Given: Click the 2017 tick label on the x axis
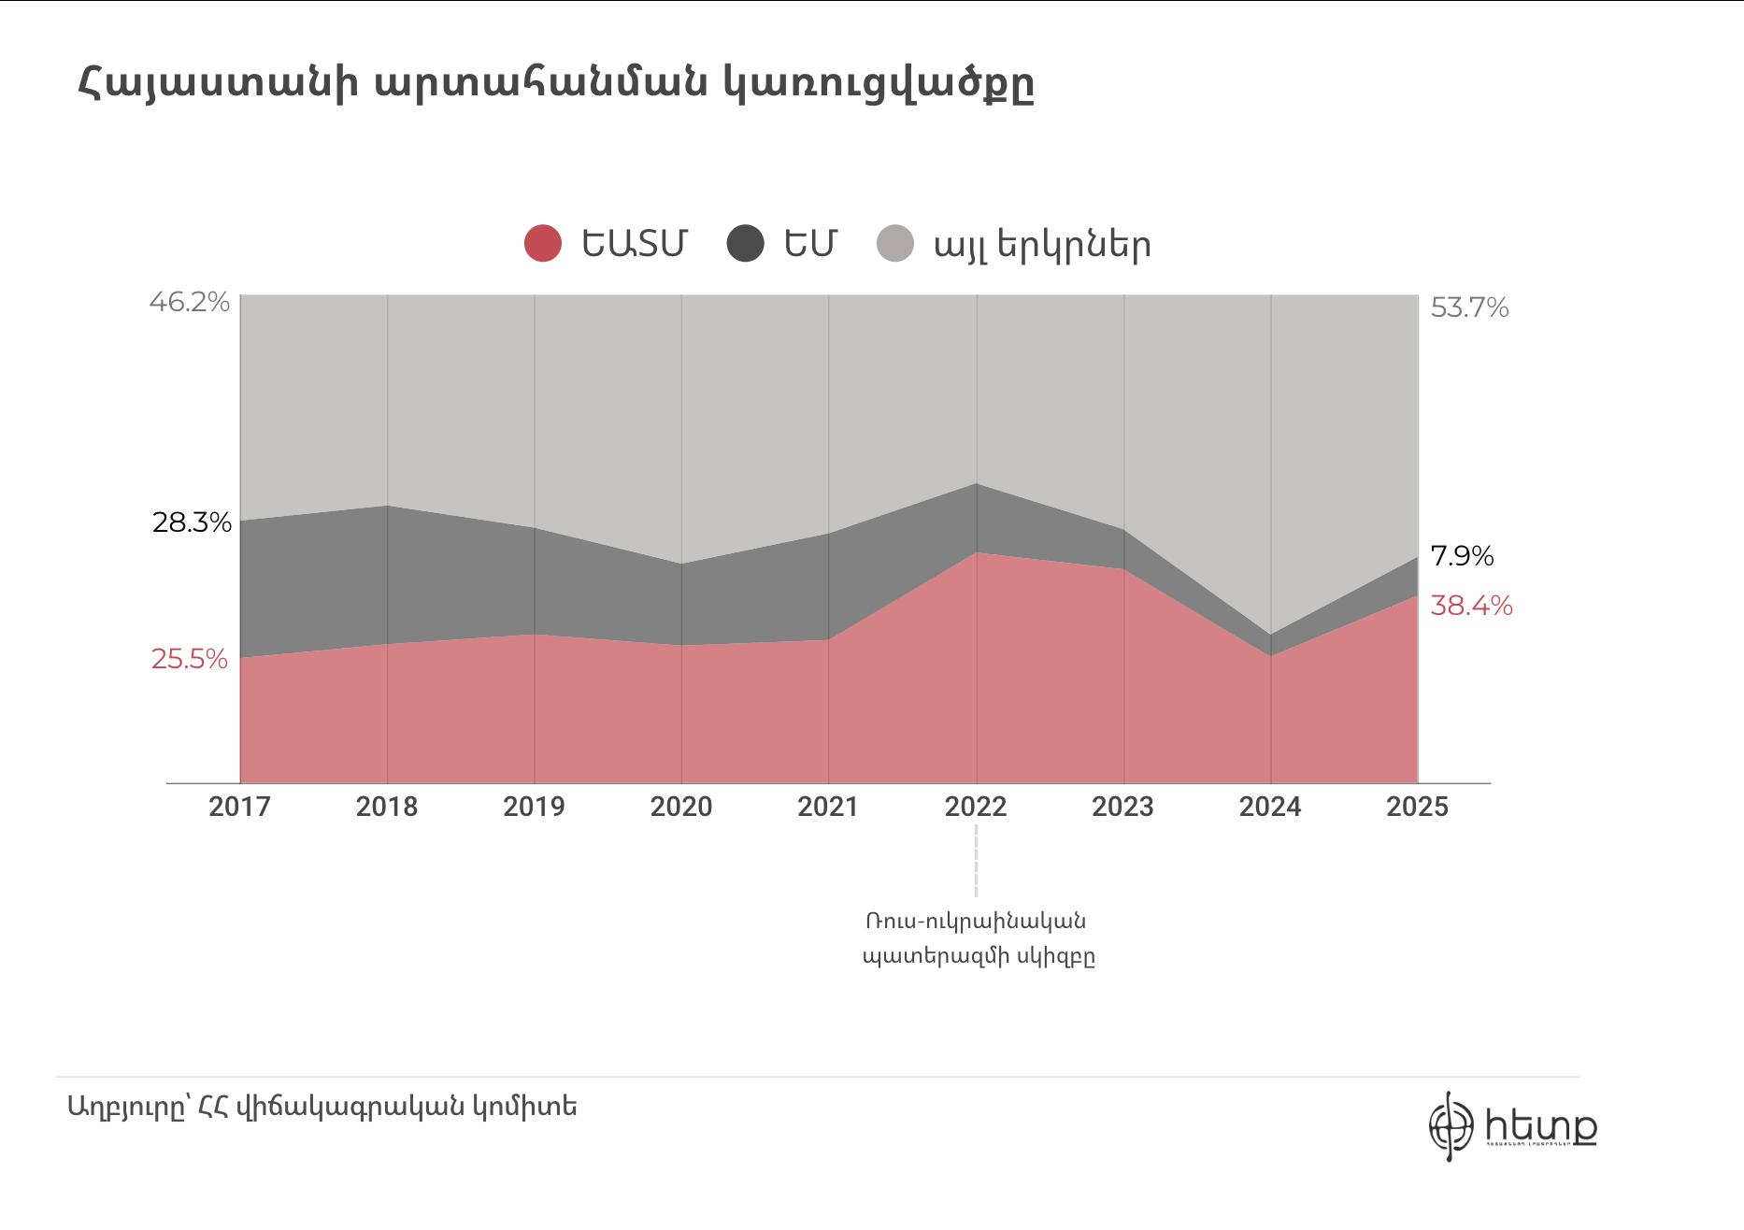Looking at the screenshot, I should point(239,807).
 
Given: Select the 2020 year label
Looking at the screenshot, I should point(681,807).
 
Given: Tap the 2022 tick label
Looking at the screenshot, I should point(976,807).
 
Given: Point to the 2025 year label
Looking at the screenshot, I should point(1417,807).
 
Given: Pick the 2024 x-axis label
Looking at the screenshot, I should point(1270,807).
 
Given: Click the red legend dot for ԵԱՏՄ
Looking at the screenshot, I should point(543,244).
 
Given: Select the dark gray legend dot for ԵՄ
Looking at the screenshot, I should point(745,244).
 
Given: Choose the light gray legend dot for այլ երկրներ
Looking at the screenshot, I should point(895,244).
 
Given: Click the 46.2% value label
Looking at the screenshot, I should point(190,302).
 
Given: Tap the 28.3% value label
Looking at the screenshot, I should point(192,522).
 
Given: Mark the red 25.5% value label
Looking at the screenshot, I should point(190,659).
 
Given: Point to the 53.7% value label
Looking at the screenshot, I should point(1469,307).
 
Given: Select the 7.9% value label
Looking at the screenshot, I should point(1462,556).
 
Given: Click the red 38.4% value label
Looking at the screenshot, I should point(1471,606).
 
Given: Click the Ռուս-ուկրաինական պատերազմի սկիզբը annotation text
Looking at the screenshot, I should point(978,938).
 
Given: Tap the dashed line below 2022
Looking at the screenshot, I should point(977,860).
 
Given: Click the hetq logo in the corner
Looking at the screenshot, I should point(1512,1126).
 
